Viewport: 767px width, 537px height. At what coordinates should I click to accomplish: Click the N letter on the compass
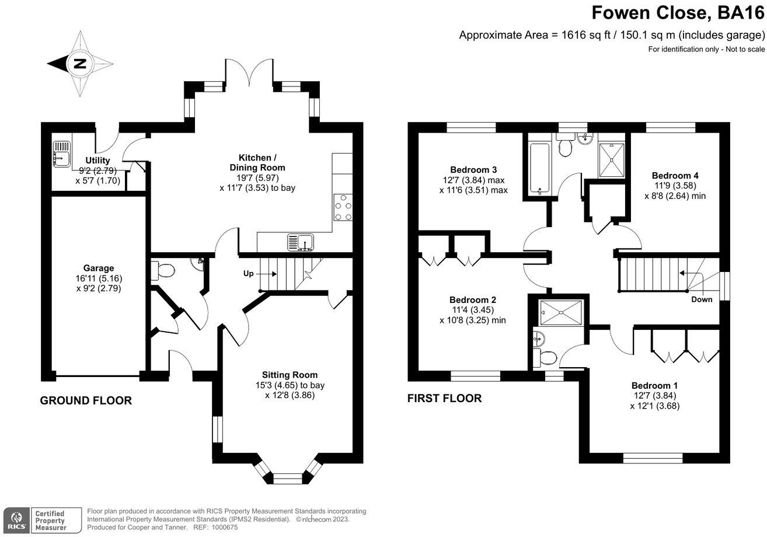(80, 64)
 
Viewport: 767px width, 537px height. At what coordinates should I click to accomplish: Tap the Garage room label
(99, 268)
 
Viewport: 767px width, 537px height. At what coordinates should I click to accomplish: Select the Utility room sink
(62, 154)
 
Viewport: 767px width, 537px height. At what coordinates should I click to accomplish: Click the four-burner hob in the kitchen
(343, 207)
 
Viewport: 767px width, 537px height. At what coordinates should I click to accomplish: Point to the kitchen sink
(301, 242)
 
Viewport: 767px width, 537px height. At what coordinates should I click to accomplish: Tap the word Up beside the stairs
(249, 274)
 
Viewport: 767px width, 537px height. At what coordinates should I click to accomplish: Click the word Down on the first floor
(702, 299)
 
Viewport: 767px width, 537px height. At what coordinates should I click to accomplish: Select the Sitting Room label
(290, 375)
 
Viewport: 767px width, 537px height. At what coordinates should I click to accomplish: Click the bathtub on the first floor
(539, 169)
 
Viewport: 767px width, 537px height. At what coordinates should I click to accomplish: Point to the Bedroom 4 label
(675, 176)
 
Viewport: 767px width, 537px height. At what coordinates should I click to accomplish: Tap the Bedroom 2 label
(473, 300)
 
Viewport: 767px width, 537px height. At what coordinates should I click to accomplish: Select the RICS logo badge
(16, 521)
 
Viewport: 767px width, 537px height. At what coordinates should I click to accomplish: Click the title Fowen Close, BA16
(678, 13)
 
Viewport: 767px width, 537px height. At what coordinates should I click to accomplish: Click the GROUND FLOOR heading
(86, 400)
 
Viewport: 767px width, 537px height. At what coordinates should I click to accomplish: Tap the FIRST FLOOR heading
(444, 398)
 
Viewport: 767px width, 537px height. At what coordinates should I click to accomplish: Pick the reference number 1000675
(225, 528)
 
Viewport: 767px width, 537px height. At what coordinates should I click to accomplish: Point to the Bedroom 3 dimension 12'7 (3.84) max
(473, 180)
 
